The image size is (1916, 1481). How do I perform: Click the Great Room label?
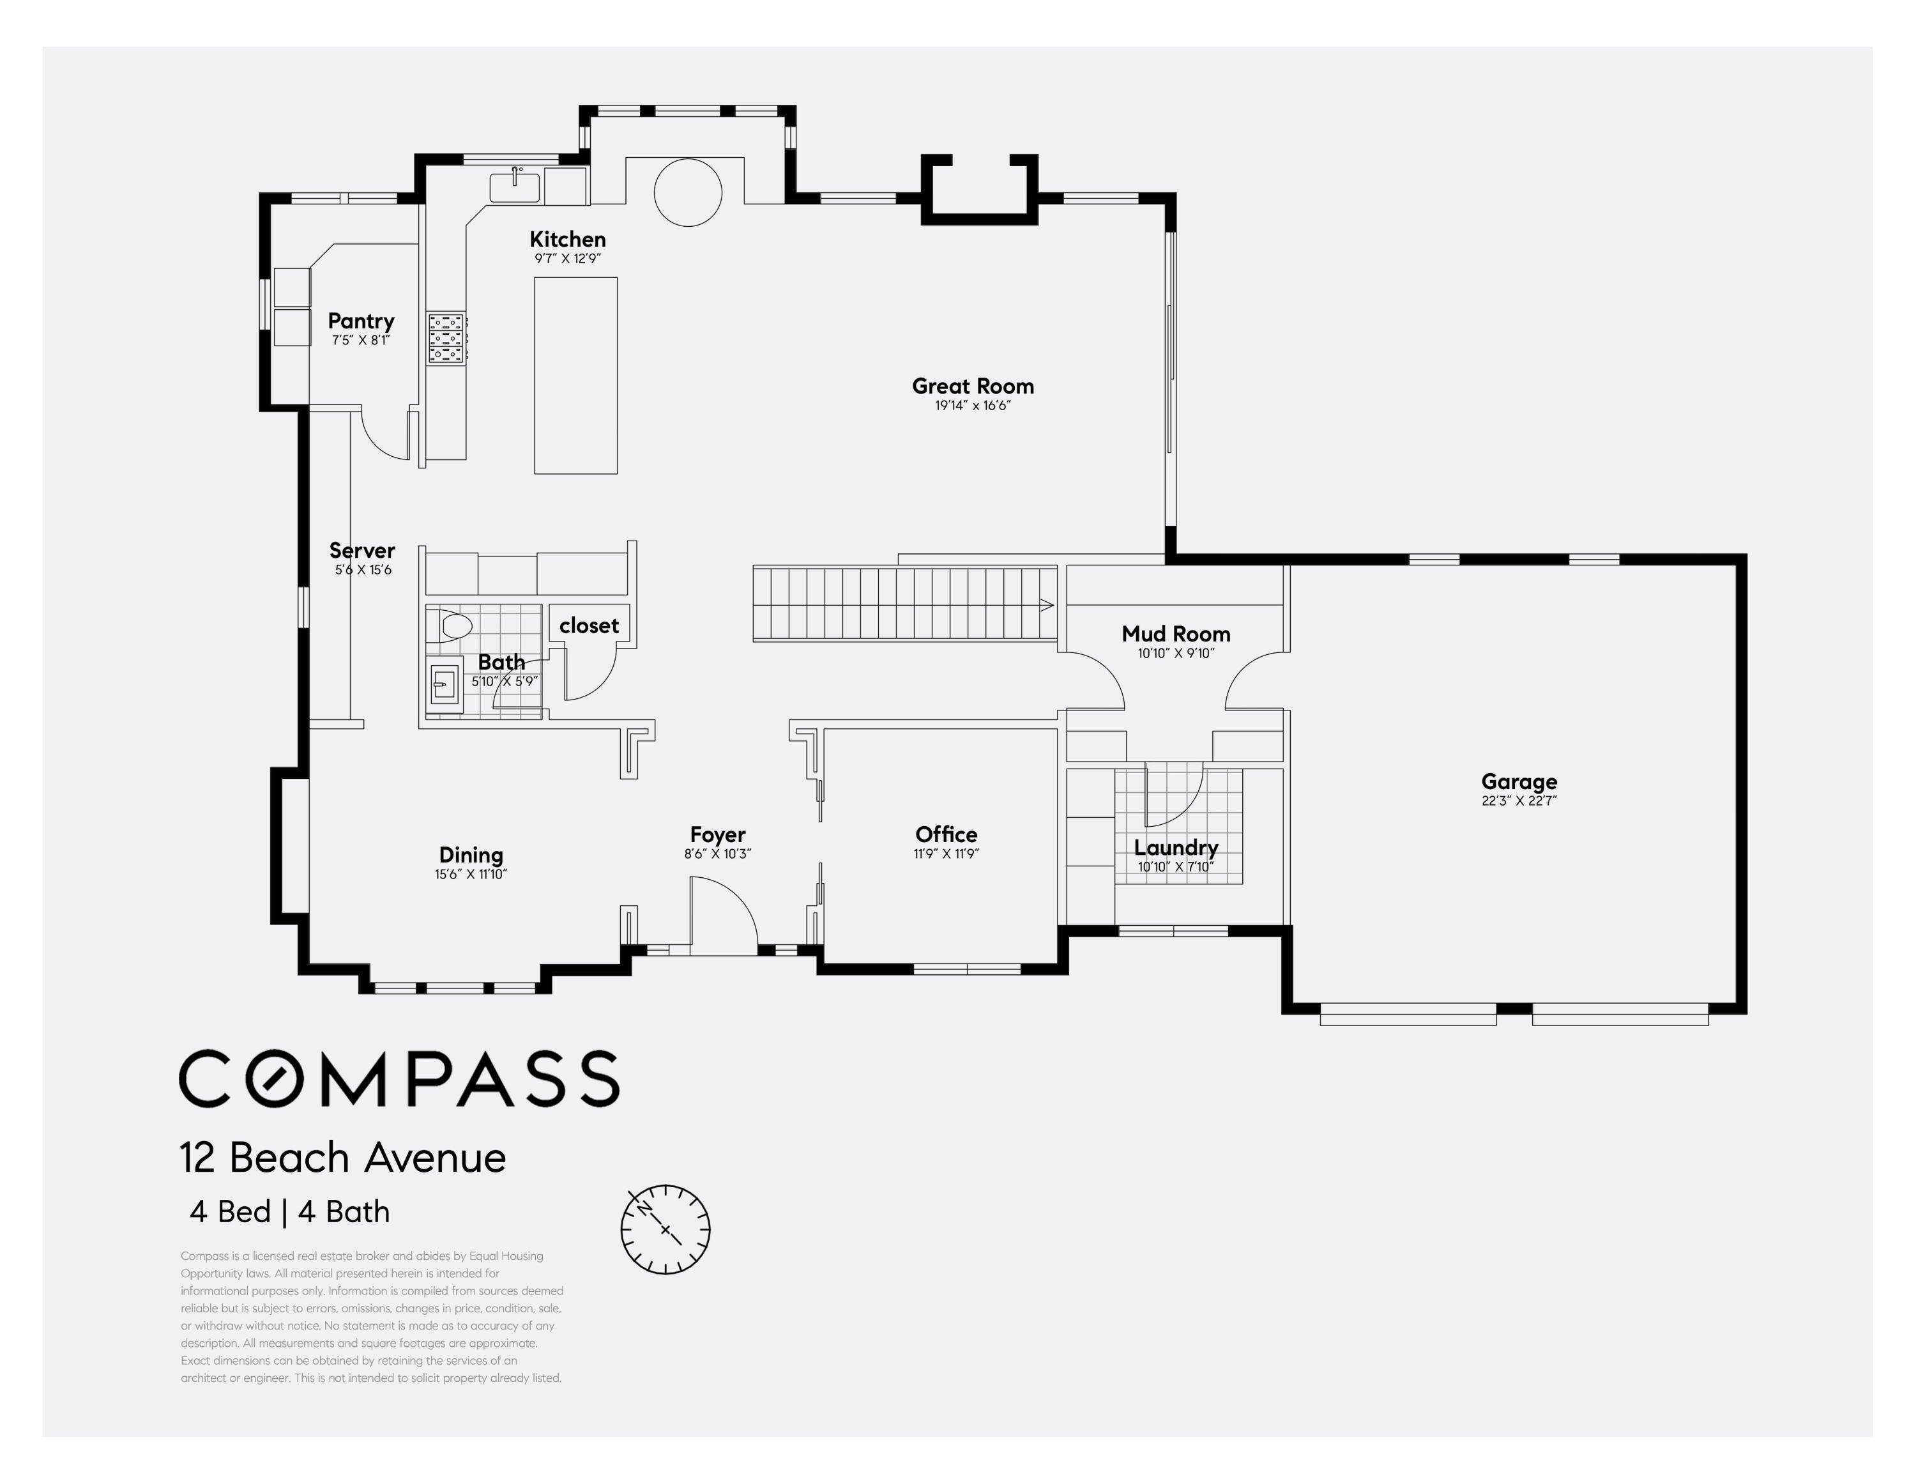pos(973,386)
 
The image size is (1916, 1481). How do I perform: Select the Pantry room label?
pos(361,321)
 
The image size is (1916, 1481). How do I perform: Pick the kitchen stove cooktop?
pos(446,338)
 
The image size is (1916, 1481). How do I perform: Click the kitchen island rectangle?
pos(575,376)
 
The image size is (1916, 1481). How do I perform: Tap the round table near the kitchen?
pos(688,192)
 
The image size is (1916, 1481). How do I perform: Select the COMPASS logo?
pos(399,1078)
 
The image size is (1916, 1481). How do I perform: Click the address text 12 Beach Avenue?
pos(343,1158)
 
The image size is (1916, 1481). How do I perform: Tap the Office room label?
pos(946,834)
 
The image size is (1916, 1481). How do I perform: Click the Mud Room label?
pos(1176,633)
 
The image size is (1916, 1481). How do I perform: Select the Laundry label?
pos(1176,848)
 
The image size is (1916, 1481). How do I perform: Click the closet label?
pos(589,625)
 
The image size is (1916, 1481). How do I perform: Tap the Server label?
pos(362,550)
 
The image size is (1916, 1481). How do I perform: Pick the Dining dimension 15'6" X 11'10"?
pos(471,875)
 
